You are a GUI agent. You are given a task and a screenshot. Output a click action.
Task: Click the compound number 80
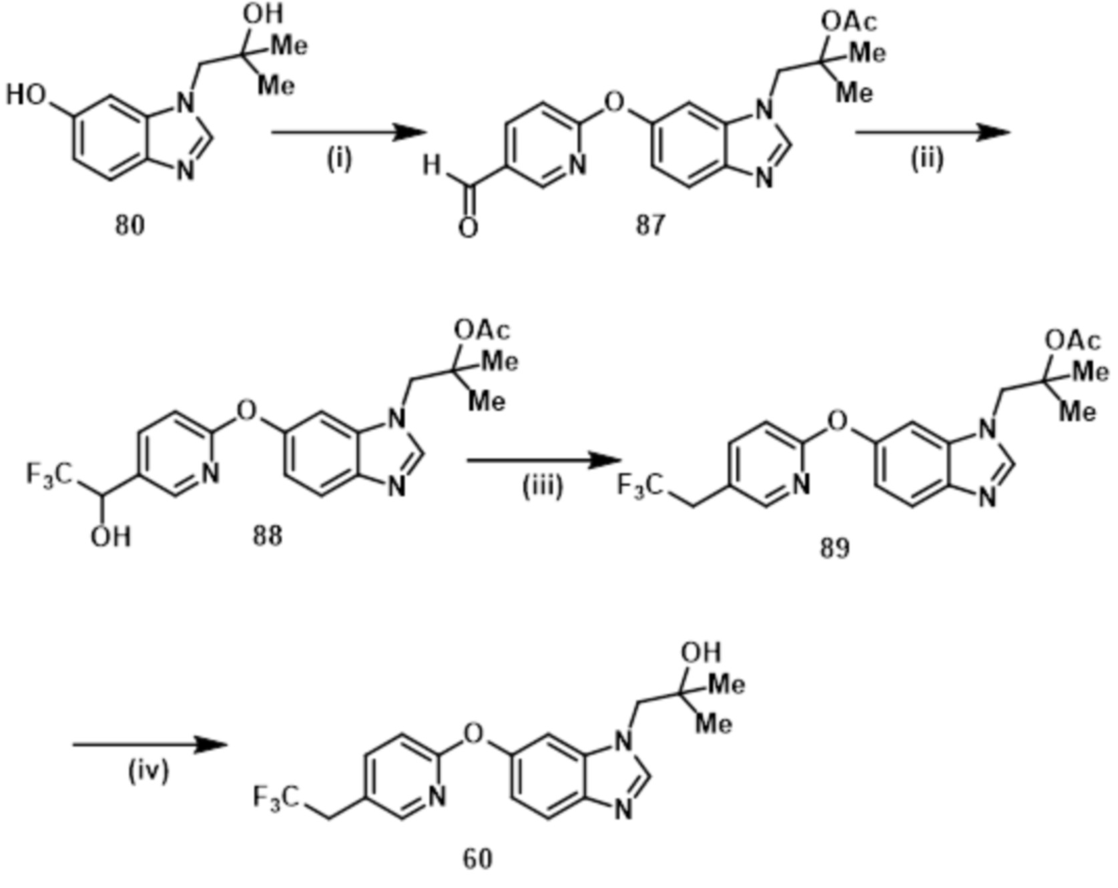click(129, 225)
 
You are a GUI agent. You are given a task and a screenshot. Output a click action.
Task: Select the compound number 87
click(649, 225)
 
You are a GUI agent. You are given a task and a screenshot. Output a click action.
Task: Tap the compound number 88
click(267, 535)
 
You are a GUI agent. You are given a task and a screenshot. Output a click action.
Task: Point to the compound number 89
click(835, 548)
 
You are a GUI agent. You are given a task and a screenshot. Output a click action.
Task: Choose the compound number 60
click(477, 858)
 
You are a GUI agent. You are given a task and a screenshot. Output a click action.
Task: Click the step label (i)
click(339, 160)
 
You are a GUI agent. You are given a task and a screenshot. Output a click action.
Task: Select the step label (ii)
click(928, 160)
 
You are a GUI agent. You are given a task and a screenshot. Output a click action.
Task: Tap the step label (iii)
click(542, 487)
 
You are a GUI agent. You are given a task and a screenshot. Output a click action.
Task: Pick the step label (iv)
click(148, 771)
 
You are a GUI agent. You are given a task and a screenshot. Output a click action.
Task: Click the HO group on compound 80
click(27, 95)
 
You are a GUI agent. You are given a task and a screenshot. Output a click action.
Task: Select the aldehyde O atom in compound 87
click(469, 228)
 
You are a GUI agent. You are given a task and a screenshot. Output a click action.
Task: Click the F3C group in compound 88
click(48, 475)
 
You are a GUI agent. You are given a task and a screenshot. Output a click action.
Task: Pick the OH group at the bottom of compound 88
click(111, 537)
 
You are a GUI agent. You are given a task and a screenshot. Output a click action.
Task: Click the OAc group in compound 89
click(1073, 342)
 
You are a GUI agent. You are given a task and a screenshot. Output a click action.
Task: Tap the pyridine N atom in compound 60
click(437, 796)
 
